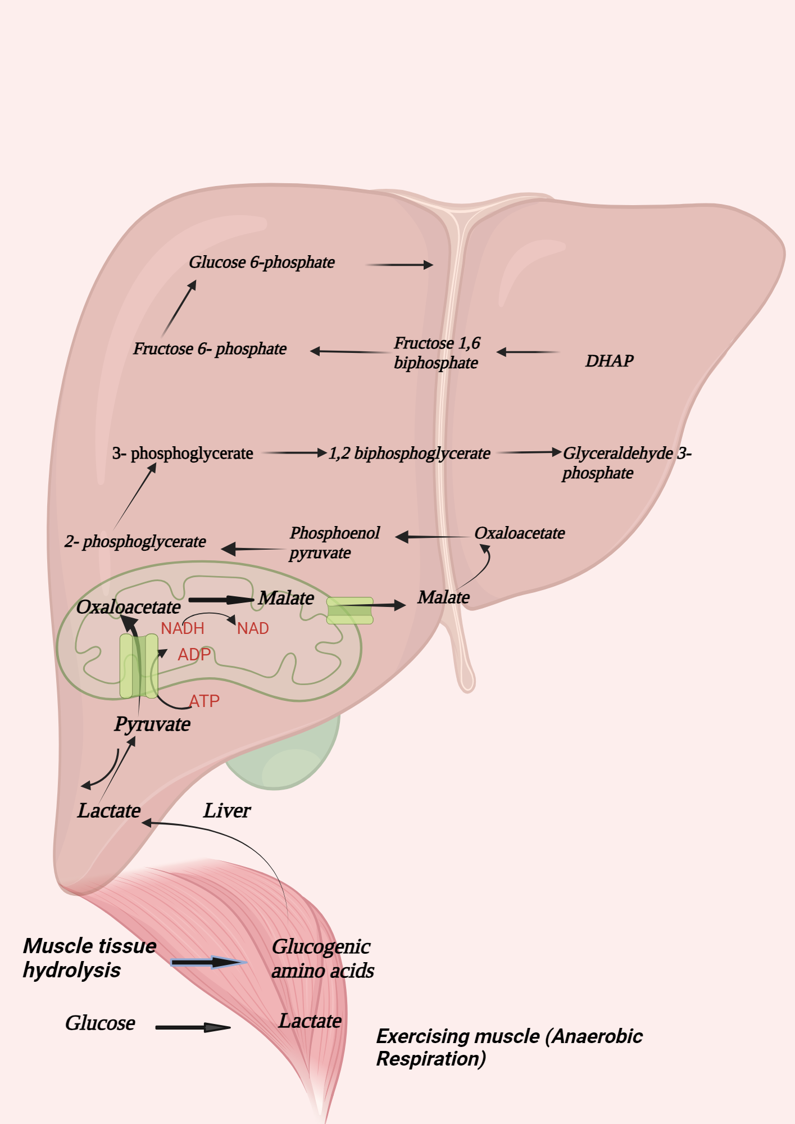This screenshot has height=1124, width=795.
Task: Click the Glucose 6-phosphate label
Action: coord(261,262)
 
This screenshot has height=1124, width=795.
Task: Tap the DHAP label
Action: coord(609,361)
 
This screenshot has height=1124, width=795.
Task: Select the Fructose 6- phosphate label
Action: coord(210,349)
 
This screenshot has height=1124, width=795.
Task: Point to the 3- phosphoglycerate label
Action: coord(183,454)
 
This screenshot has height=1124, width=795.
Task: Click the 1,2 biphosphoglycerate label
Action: coord(409,454)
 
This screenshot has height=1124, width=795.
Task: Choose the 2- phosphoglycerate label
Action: coord(135,542)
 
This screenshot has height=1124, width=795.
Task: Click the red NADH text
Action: coord(183,628)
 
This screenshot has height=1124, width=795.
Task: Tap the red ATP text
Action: coord(205,701)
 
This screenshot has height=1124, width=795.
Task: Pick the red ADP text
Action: coord(194,655)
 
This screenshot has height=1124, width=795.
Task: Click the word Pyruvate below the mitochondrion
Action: coord(152,724)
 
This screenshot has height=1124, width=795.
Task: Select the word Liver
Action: coord(227,810)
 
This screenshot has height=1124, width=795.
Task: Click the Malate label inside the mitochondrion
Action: coord(286,598)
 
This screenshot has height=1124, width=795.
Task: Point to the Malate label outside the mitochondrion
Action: coord(443,597)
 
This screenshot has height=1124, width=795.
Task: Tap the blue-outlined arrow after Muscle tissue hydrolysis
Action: coord(208,962)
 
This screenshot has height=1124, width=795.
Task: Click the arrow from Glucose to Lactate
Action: coord(193,1027)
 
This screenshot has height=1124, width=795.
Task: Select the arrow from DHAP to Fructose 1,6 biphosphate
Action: coord(528,352)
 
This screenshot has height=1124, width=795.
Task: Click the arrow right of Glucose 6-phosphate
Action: coord(399,265)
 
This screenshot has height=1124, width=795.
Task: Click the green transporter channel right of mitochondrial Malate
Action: coord(350,611)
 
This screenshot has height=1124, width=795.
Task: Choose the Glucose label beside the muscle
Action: coord(100,1023)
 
